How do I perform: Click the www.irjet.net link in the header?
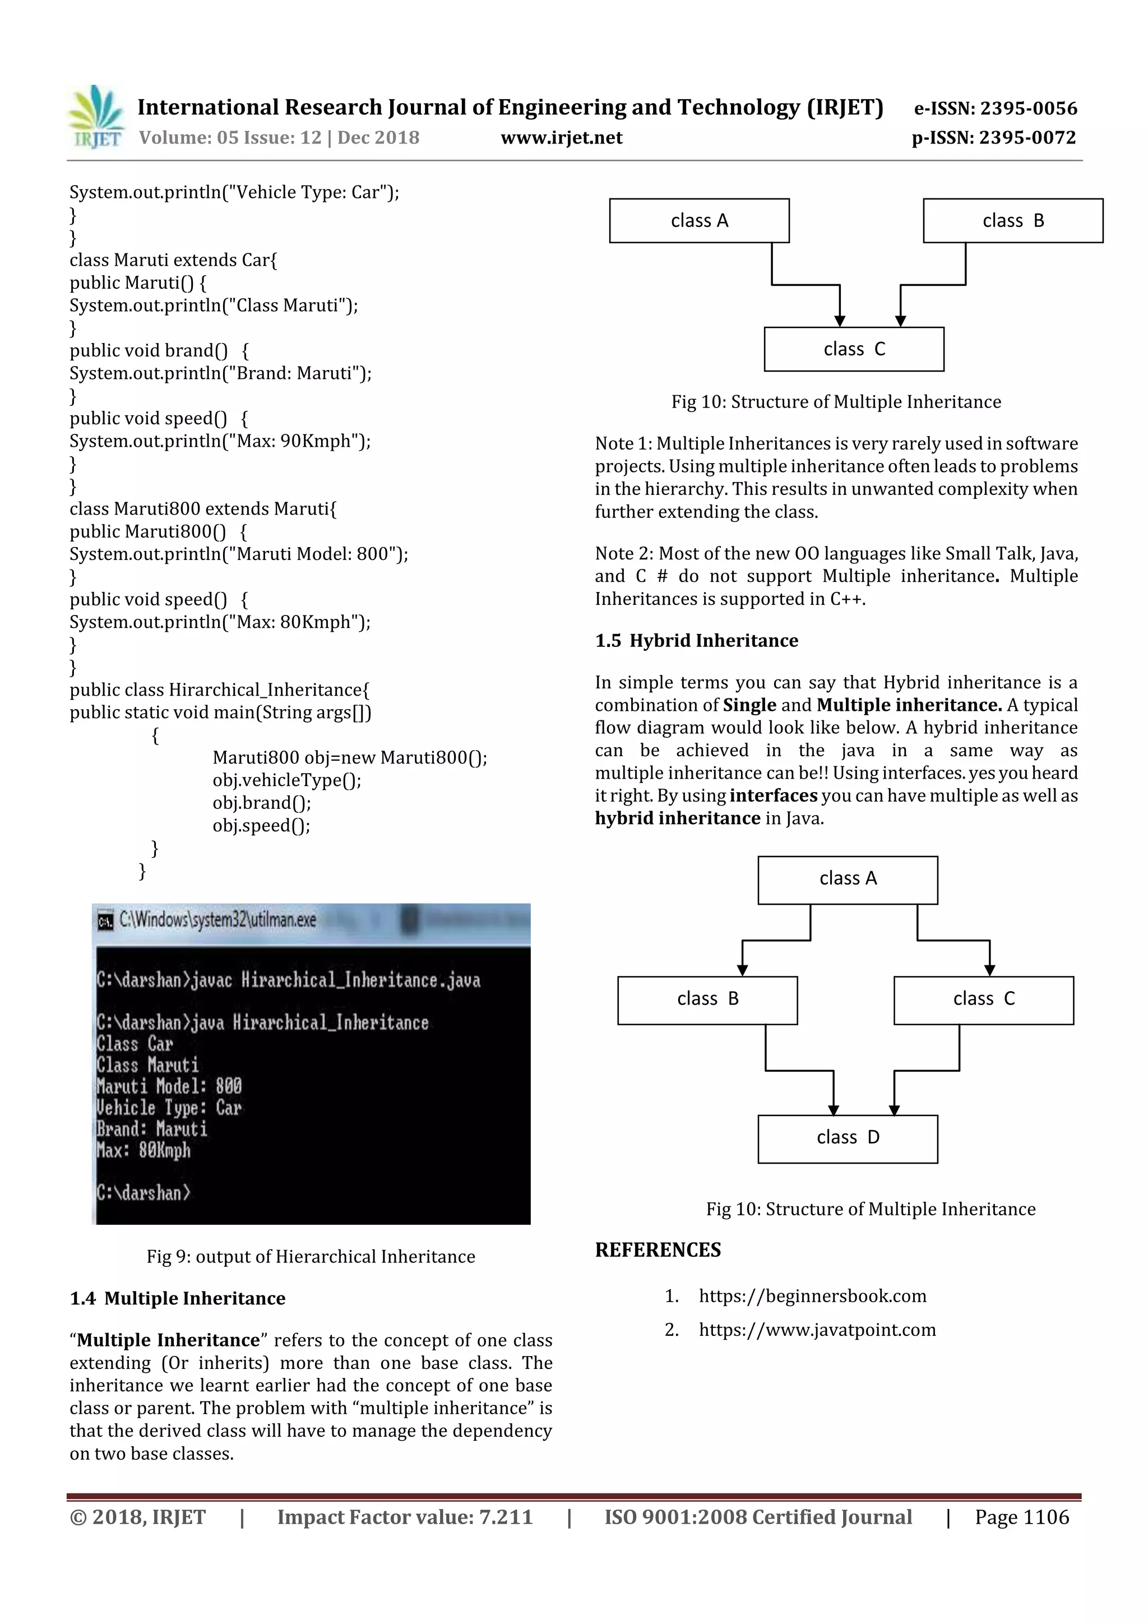pyautogui.click(x=561, y=138)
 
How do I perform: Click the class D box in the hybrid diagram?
pyautogui.click(x=848, y=1137)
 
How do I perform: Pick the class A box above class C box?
pyautogui.click(x=699, y=221)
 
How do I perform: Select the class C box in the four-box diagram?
pyautogui.click(x=983, y=999)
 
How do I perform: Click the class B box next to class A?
pyautogui.click(x=1012, y=221)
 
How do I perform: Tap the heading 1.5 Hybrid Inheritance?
pyautogui.click(x=696, y=641)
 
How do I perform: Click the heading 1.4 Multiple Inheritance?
pyautogui.click(x=178, y=1299)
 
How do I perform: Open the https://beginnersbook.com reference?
pyautogui.click(x=812, y=1297)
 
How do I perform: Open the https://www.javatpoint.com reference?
pyautogui.click(x=817, y=1330)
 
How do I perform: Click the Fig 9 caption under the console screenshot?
pyautogui.click(x=311, y=1257)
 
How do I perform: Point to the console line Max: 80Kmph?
pyautogui.click(x=143, y=1151)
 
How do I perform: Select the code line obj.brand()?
pyautogui.click(x=262, y=803)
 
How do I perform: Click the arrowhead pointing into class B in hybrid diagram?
pyautogui.click(x=742, y=970)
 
